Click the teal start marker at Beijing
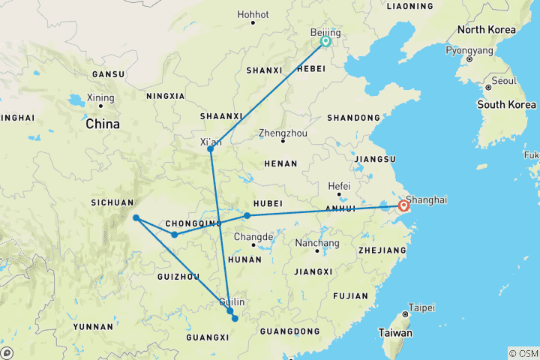pos(325,42)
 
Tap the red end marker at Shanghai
pos(404,205)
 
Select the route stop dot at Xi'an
pos(211,149)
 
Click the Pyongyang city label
pos(469,49)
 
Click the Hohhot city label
pos(252,14)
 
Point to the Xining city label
pos(100,97)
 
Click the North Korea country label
pos(487,30)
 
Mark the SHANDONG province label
pos(352,118)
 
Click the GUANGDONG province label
pos(286,331)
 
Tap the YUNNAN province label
pos(94,327)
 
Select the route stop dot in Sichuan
pos(136,218)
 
